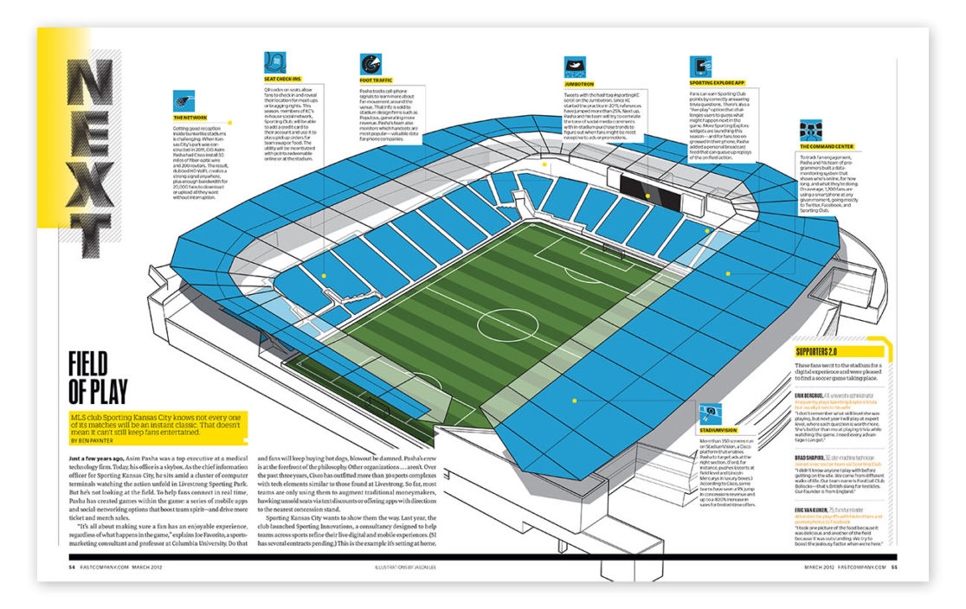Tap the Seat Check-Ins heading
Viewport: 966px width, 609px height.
coord(282,78)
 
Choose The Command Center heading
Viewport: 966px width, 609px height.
coord(828,146)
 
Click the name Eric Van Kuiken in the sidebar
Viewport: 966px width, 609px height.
coord(816,511)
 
